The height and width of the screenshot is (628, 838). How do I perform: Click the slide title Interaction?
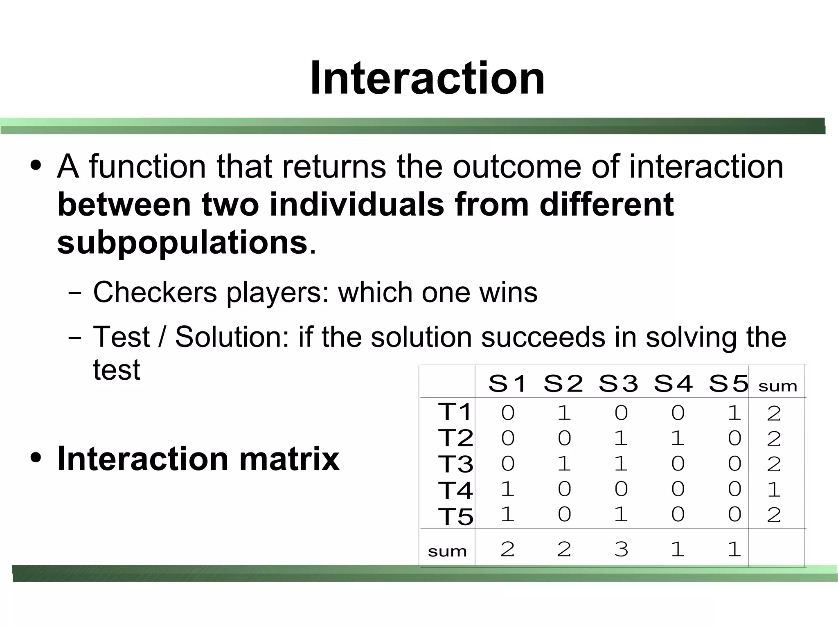tap(427, 78)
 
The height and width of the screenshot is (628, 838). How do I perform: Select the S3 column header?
tap(618, 384)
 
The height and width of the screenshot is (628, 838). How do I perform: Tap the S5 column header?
tap(728, 384)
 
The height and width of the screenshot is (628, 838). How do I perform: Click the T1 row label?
tap(455, 412)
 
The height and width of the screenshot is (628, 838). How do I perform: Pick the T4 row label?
tap(455, 490)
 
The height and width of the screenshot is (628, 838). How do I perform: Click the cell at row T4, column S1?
tap(507, 489)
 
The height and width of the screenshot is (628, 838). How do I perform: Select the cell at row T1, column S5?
tap(734, 412)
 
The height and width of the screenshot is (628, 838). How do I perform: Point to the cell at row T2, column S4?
tap(678, 438)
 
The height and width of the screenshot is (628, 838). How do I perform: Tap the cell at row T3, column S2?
tap(564, 464)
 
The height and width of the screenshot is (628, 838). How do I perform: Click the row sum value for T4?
tap(774, 489)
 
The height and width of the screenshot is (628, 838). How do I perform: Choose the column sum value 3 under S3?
tap(621, 549)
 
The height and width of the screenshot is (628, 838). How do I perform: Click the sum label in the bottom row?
tap(447, 551)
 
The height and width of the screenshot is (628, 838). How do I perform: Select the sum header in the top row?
tap(777, 386)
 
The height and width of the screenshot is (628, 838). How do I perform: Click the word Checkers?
tap(155, 293)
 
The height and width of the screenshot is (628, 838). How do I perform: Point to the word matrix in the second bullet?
tap(289, 459)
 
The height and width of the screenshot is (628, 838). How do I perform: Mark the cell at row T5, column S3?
tap(621, 514)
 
